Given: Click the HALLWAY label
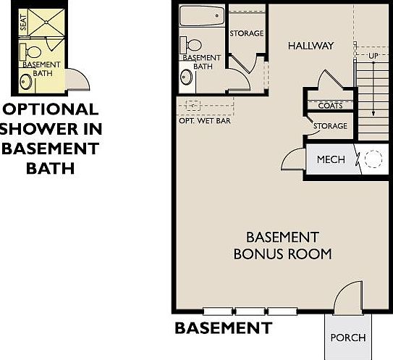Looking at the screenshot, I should (x=310, y=46).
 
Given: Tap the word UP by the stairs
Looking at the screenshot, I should (x=373, y=56).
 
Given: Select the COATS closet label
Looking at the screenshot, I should (x=330, y=106).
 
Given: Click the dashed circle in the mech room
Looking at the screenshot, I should (x=373, y=160).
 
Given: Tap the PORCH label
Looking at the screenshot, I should (x=347, y=338).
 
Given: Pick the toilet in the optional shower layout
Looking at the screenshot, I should (x=33, y=52).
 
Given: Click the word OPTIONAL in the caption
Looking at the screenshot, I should (x=51, y=109).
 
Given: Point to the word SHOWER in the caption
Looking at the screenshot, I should (x=43, y=130).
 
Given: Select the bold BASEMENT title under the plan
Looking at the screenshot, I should (x=223, y=328).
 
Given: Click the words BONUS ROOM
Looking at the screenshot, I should (x=282, y=254).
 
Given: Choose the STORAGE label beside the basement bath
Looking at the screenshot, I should (x=246, y=33).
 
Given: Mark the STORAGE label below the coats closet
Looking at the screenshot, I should (x=330, y=126).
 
